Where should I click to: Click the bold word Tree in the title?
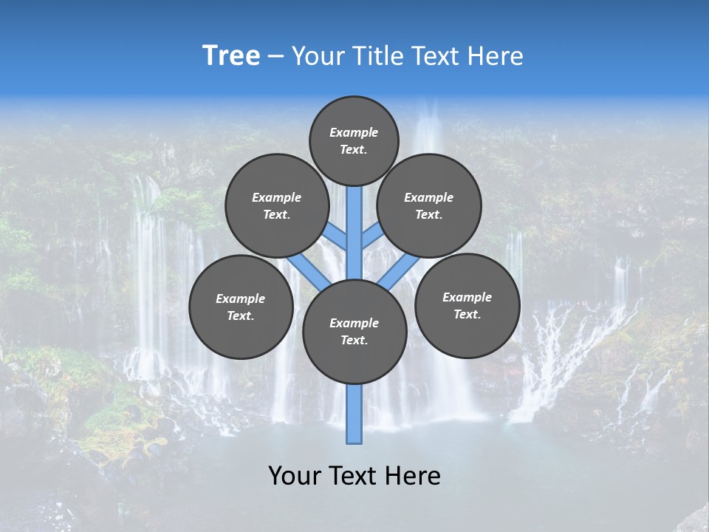pos(231,56)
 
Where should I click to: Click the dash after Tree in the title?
pos(275,57)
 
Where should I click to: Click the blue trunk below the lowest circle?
pos(354,414)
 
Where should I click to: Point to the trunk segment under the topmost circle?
pos(354,222)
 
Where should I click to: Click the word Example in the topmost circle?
pos(354,133)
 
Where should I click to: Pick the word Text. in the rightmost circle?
pos(467,314)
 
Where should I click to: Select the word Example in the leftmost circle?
pos(240,299)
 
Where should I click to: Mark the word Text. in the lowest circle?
pos(354,341)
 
